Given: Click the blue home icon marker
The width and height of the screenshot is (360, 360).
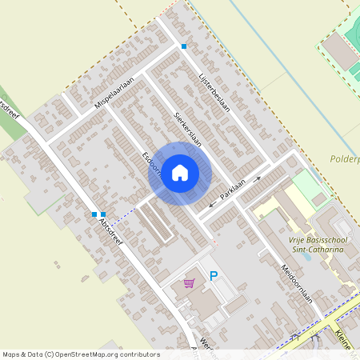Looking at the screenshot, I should point(180,172).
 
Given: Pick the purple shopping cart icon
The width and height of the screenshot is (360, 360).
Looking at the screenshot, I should point(190,282).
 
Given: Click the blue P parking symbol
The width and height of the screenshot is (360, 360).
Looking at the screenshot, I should point(214,277).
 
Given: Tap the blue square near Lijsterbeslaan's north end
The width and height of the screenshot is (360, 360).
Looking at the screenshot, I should point(184,46).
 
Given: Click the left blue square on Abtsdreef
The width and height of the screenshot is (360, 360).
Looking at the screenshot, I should point(94,214).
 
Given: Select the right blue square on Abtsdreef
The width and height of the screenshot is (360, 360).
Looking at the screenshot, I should point(103,214).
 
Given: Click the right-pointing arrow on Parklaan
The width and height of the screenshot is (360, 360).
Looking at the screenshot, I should point(257,179).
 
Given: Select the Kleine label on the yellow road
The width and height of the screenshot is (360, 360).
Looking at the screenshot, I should point(345,335).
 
